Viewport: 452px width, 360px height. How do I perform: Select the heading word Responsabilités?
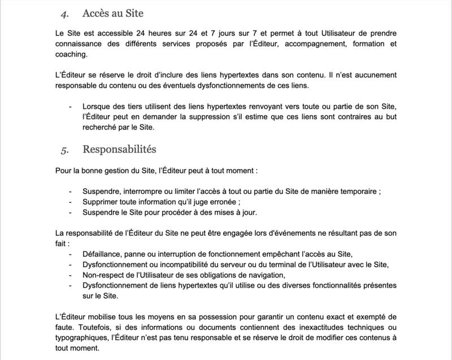coord(119,150)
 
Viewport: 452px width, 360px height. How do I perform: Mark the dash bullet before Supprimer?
coord(71,202)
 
